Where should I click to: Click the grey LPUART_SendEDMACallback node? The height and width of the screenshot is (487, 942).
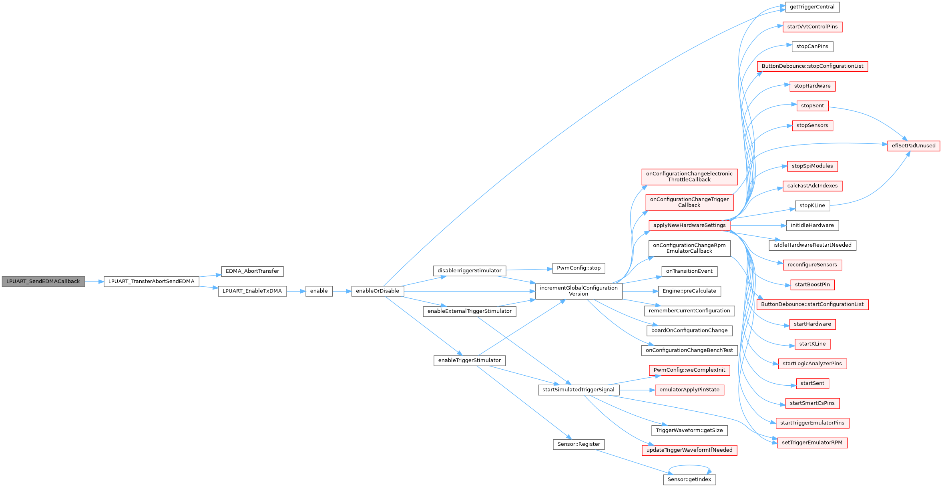43,282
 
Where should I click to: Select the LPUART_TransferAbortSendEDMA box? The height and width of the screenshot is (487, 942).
151,282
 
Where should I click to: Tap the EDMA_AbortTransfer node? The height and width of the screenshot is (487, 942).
252,271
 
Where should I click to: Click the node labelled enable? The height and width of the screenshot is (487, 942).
319,291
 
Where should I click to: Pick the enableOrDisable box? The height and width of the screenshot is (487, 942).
378,291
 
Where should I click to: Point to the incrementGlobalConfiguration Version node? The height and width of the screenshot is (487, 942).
578,291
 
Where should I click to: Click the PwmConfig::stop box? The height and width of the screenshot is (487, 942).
578,268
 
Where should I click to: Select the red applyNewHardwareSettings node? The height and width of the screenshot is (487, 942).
689,225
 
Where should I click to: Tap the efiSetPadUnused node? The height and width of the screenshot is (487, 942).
914,146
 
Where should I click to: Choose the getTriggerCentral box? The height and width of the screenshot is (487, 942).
812,7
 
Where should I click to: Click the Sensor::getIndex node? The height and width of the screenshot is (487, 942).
689,479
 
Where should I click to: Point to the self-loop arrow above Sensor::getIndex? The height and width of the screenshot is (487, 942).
689,466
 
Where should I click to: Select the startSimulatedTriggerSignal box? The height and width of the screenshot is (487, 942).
578,390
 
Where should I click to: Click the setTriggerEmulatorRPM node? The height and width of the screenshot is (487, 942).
812,443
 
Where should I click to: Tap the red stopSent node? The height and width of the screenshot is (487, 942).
812,106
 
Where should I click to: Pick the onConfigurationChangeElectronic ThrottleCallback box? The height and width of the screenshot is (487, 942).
689,177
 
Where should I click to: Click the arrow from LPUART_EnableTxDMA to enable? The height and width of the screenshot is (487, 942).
296,291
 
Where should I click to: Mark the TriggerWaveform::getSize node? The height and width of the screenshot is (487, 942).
689,431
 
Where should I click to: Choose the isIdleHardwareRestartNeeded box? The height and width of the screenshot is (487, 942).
812,245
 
